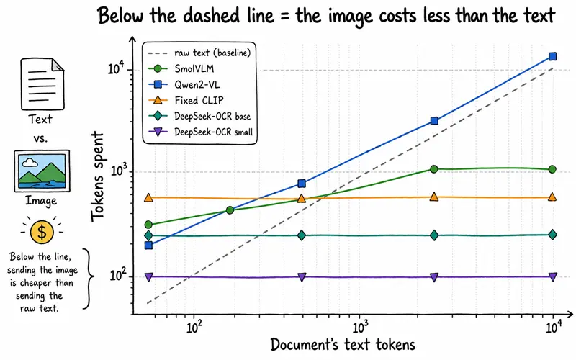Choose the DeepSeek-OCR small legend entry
coord(201,132)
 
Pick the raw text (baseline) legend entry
coord(199,53)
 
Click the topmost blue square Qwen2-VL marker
coord(552,56)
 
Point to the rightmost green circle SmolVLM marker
coord(552,169)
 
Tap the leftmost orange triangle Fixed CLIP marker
coord(148,197)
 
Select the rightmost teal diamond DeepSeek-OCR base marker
coord(552,235)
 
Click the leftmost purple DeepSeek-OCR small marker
coord(148,277)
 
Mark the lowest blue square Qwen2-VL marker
coord(148,245)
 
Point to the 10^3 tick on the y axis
coord(117,171)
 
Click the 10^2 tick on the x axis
coord(194,327)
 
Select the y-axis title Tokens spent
coord(98,177)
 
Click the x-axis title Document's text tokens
coord(343,345)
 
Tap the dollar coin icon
coord(42,232)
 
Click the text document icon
coord(42,84)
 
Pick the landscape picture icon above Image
coord(42,171)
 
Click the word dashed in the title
coord(205,15)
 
